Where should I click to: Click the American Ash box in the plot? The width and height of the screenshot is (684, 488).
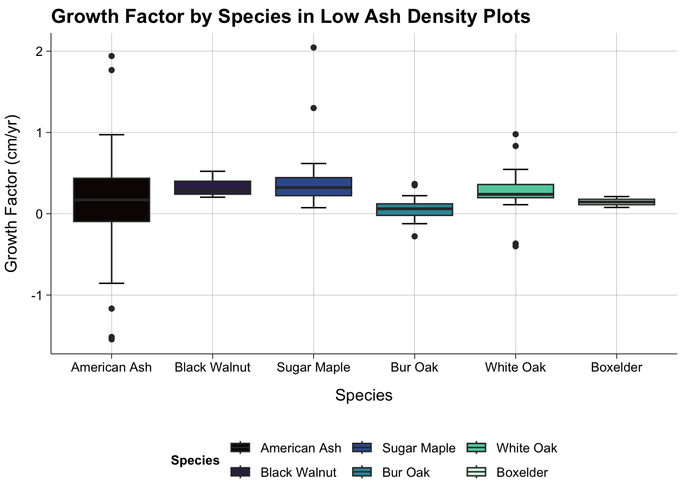[111, 200]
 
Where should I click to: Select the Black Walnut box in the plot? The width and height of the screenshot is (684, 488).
[212, 188]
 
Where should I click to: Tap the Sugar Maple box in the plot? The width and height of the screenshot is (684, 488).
[313, 187]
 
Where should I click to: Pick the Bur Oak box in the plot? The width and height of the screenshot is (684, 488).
[414, 209]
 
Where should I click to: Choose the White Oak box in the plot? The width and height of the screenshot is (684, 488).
[516, 191]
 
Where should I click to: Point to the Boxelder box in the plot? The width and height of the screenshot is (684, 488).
[616, 202]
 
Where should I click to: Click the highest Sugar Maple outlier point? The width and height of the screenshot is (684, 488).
[313, 48]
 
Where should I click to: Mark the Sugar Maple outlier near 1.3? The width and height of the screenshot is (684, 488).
[313, 108]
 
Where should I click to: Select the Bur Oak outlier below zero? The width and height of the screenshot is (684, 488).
[414, 236]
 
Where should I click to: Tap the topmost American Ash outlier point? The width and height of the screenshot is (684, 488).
[111, 56]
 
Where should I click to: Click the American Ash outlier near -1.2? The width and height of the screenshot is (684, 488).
[111, 309]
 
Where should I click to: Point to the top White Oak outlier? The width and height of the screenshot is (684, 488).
[516, 134]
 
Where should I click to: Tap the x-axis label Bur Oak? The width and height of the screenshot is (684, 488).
[414, 368]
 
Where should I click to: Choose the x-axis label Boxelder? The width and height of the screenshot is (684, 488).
[616, 368]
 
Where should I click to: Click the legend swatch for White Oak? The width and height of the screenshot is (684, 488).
[476, 448]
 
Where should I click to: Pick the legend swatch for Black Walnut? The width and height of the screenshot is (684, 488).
[240, 472]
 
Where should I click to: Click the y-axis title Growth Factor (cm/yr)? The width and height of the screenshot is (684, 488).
[11, 193]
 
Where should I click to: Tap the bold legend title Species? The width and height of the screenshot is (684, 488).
[195, 461]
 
